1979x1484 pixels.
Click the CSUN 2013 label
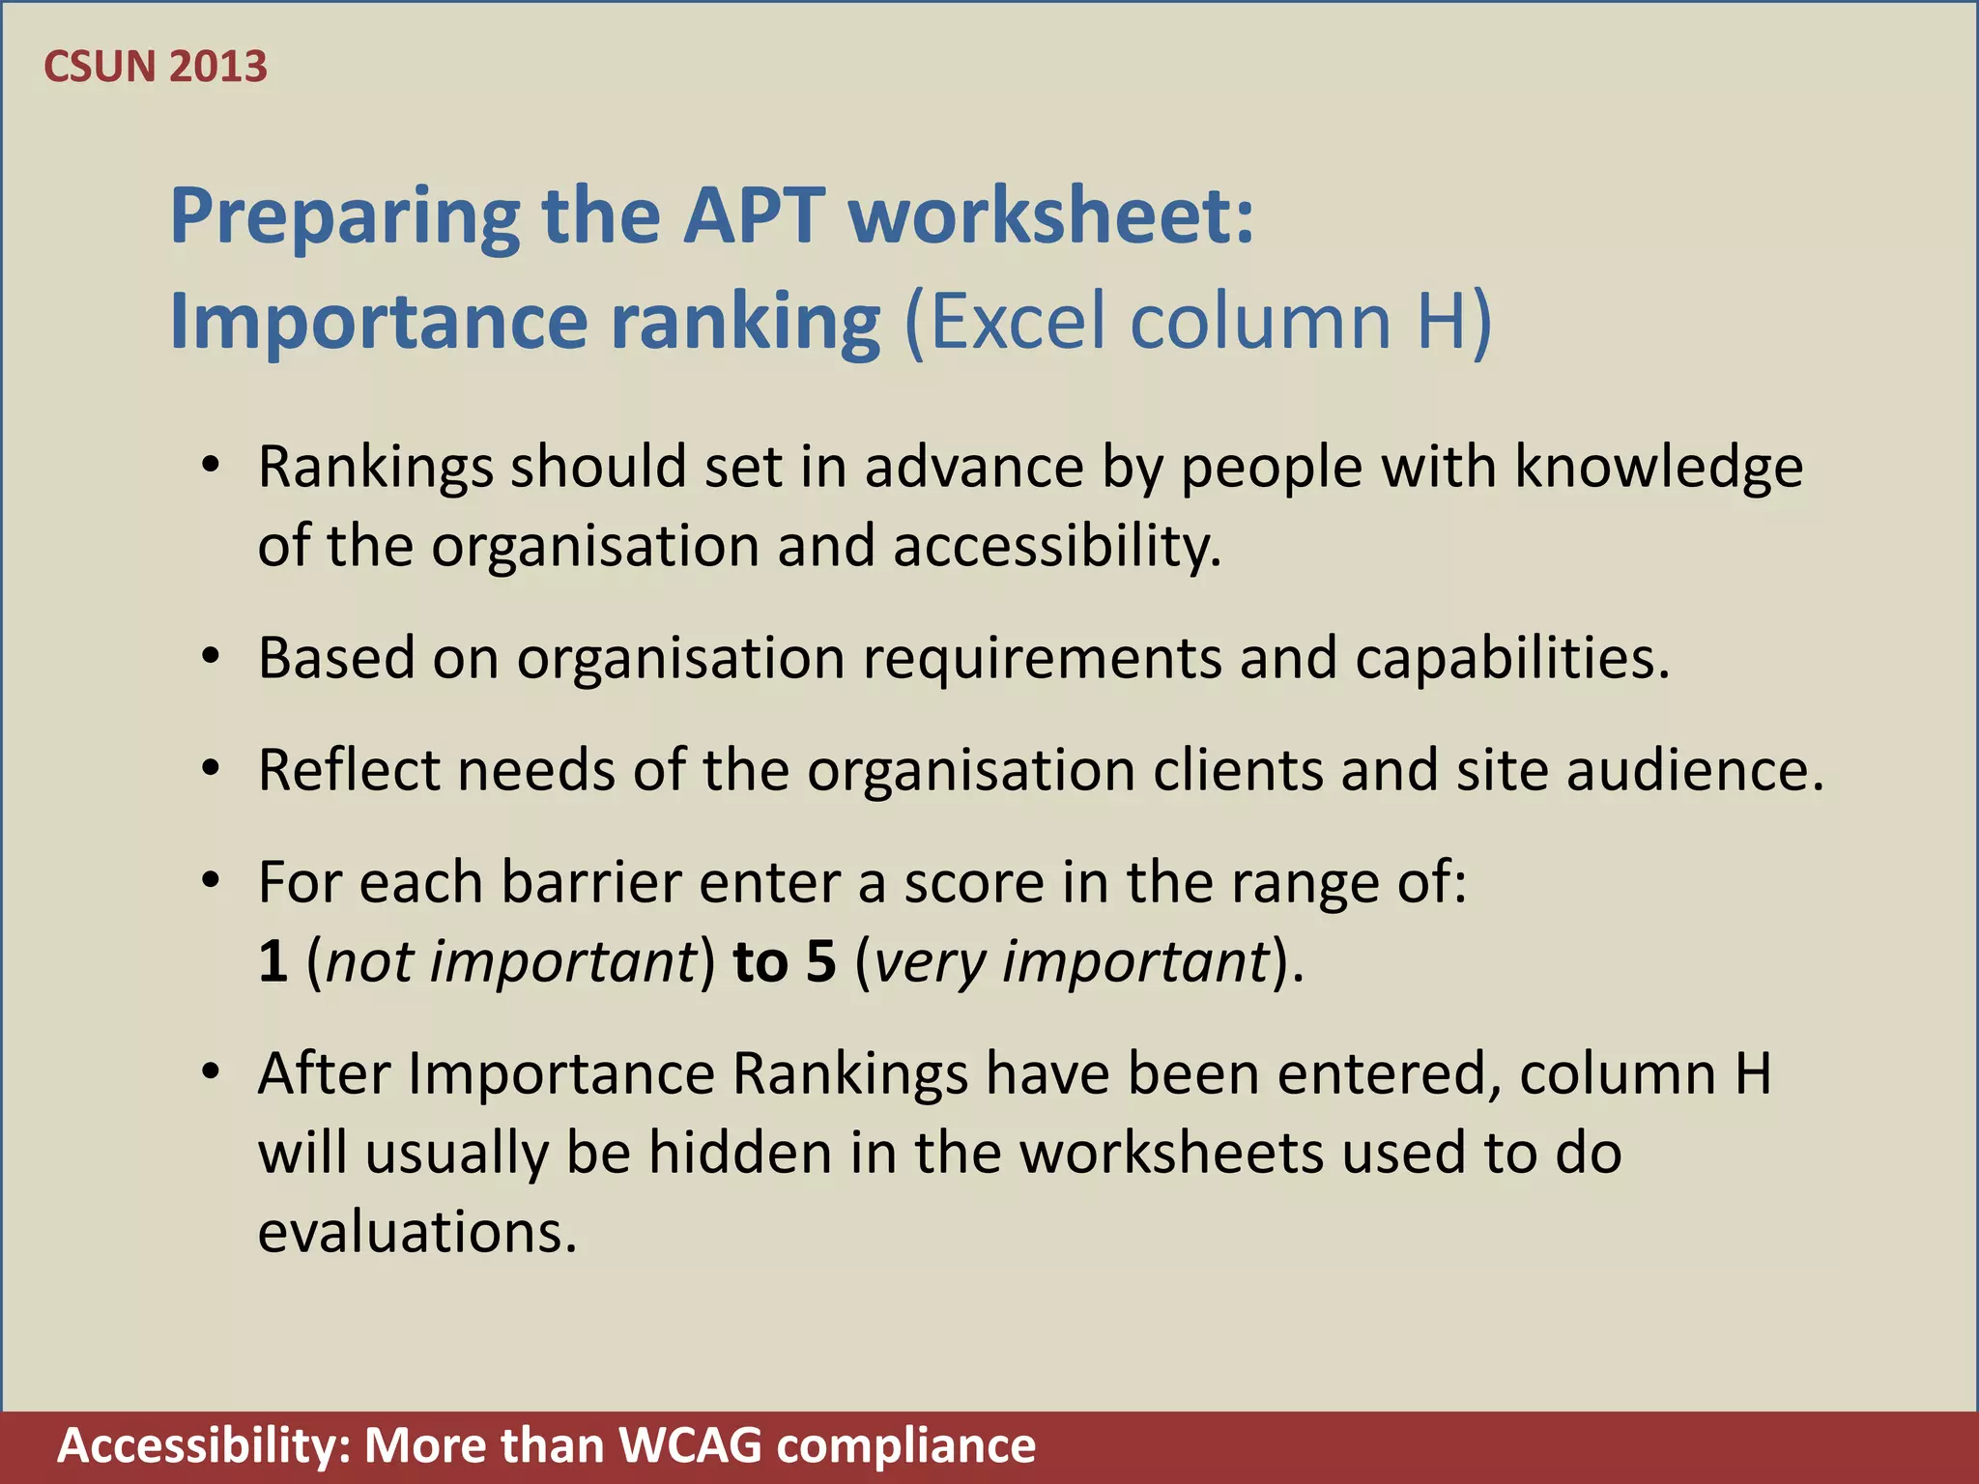click(156, 67)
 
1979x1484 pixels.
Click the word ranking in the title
click(745, 323)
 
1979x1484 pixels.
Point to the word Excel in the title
click(1018, 321)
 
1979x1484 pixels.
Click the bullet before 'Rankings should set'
click(212, 467)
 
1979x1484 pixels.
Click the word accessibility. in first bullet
click(1057, 547)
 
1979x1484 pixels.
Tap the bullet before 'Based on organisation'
click(212, 658)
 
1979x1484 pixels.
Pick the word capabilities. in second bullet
click(1512, 660)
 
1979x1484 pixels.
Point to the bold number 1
click(273, 962)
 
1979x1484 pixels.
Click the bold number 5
click(820, 962)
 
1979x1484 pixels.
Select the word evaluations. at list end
click(417, 1233)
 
